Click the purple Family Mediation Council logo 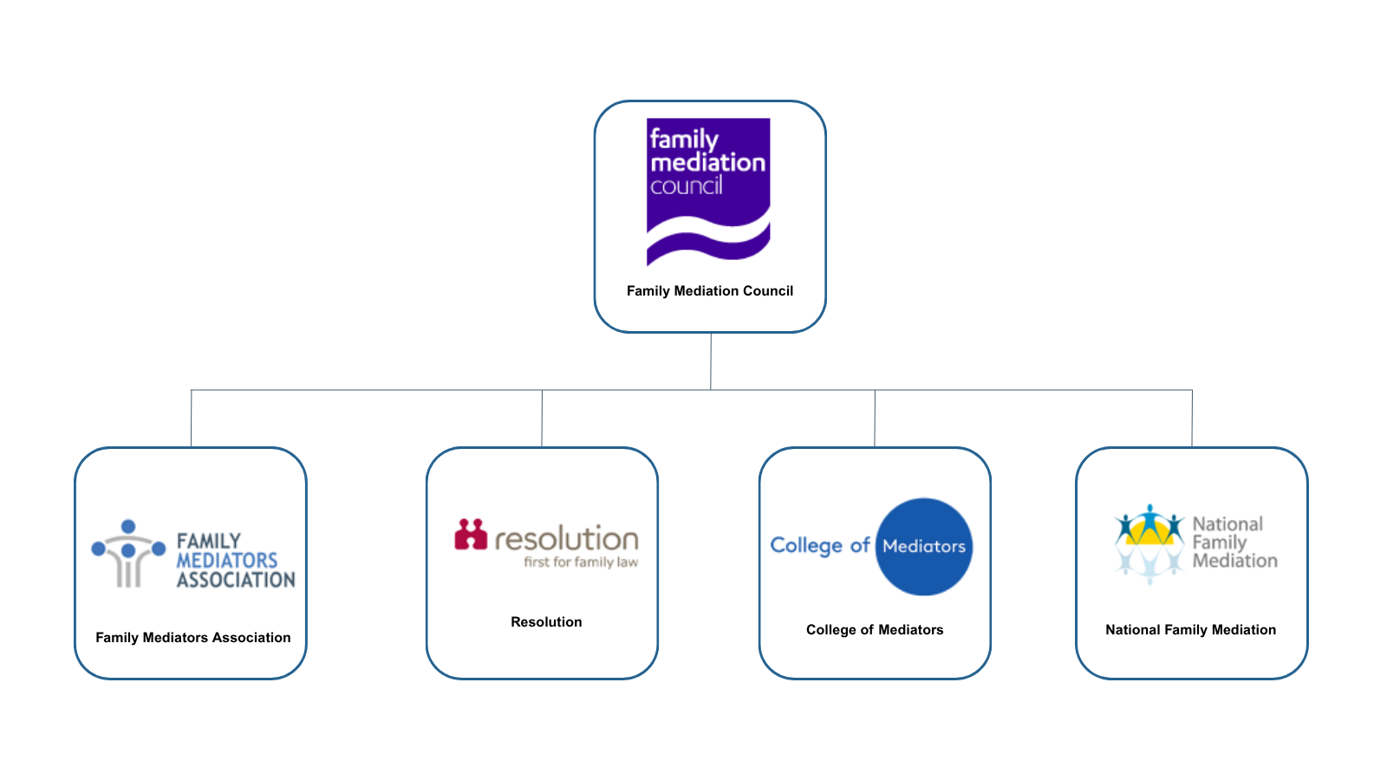(x=708, y=191)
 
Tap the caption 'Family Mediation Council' (x=710, y=291)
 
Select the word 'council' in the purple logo (x=686, y=185)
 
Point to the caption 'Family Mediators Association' (x=193, y=638)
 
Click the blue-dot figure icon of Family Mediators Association (x=128, y=553)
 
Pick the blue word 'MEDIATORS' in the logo (x=227, y=561)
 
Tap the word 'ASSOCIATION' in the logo (x=236, y=580)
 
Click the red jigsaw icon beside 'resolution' (x=471, y=535)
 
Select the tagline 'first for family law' (x=581, y=562)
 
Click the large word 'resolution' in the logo (x=567, y=539)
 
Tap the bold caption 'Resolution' (x=546, y=622)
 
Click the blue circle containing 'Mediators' (x=924, y=547)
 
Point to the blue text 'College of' (x=819, y=546)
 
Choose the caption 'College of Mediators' (x=875, y=630)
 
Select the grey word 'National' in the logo (x=1227, y=524)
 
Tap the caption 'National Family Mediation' (x=1190, y=630)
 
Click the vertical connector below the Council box (x=711, y=361)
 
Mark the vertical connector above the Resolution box (x=542, y=418)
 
